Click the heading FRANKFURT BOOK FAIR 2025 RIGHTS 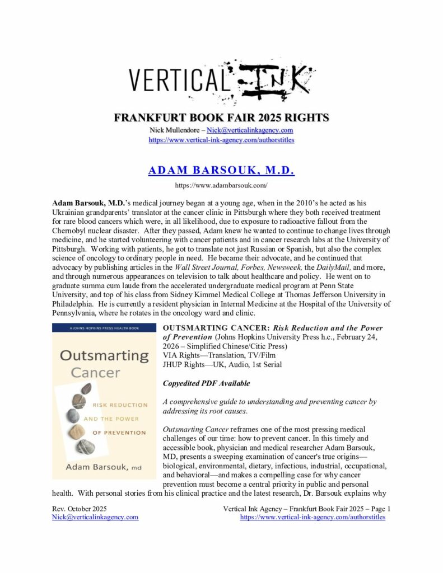coord(221,118)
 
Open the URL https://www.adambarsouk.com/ coord(221,185)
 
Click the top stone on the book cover coord(86,388)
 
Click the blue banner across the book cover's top coord(100,328)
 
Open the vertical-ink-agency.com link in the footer coord(313,518)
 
